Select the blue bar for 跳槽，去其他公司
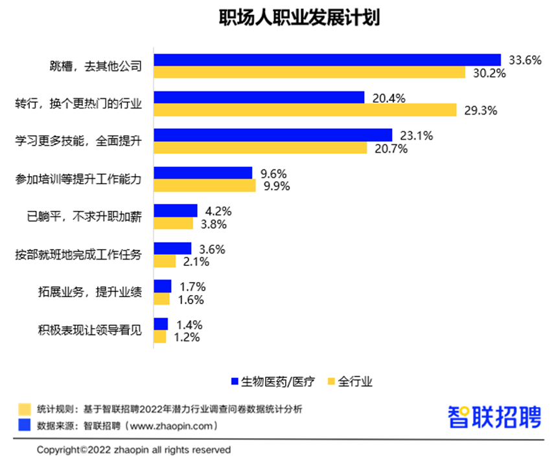[x=327, y=60]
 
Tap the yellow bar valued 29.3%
[x=306, y=110]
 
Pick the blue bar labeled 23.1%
[x=273, y=135]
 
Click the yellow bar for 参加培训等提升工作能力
[x=205, y=186]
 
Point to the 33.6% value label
[x=524, y=60]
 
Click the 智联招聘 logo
[x=494, y=416]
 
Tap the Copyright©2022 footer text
[x=133, y=449]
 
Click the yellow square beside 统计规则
[x=25, y=409]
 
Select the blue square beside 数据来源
[x=25, y=426]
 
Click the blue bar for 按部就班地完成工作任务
[x=172, y=248]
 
